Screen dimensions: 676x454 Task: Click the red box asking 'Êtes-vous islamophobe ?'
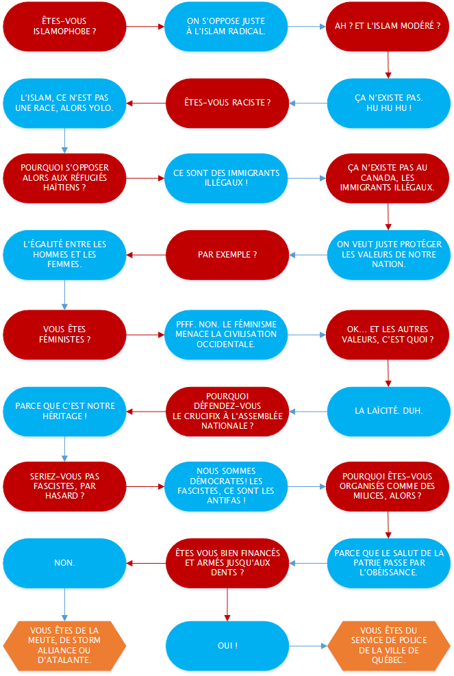(64, 26)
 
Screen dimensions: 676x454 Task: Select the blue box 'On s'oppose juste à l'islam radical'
(227, 26)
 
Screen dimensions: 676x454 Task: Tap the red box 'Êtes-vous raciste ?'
(227, 102)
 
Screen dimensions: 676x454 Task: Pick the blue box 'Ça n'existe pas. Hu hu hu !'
(388, 102)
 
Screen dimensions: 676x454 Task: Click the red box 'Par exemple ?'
(227, 254)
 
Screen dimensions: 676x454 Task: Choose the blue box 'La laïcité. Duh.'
(388, 410)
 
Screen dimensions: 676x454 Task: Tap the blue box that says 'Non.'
(64, 562)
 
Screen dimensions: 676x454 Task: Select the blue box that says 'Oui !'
(227, 645)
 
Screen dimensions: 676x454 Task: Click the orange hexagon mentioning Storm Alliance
(64, 645)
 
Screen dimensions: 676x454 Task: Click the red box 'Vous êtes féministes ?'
(64, 334)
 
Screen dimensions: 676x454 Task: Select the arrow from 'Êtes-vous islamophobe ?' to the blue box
(146, 27)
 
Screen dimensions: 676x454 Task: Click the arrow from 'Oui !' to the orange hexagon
(307, 645)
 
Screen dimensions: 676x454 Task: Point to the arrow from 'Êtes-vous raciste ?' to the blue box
(146, 103)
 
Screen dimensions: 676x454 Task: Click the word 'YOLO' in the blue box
(99, 108)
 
